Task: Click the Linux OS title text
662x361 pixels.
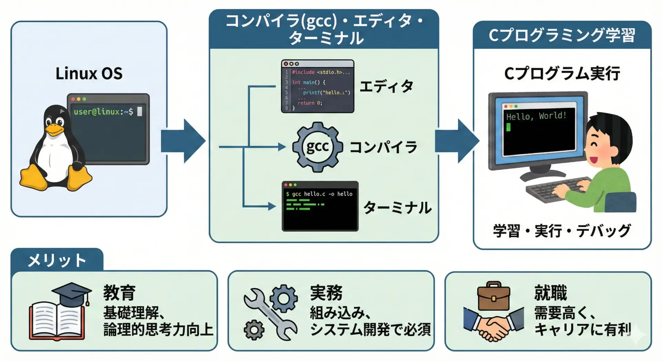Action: [x=89, y=73]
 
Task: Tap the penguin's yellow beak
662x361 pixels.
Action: [x=55, y=130]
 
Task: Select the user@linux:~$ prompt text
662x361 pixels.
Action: [x=103, y=111]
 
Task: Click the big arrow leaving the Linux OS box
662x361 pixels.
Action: [x=183, y=141]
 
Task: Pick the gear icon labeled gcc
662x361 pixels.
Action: [x=317, y=147]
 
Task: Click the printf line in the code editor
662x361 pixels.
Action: [x=326, y=92]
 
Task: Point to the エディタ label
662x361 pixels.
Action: [x=386, y=86]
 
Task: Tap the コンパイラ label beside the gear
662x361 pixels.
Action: [x=383, y=147]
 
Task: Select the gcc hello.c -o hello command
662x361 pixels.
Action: [x=319, y=194]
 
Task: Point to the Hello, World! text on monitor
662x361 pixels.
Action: [x=536, y=116]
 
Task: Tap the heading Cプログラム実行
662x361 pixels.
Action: [x=562, y=74]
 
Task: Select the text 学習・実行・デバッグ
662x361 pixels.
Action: [x=562, y=231]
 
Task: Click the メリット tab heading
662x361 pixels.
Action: [x=57, y=260]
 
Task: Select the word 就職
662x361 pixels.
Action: [x=551, y=293]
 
